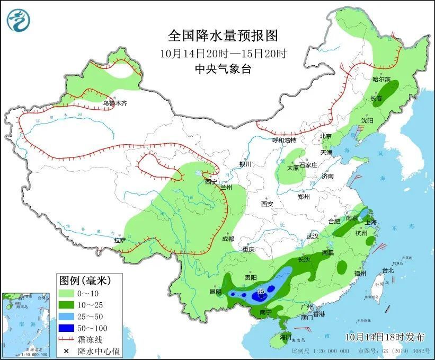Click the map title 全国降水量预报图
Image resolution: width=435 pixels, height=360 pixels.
pos(223,36)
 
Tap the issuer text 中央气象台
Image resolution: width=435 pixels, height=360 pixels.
pos(223,68)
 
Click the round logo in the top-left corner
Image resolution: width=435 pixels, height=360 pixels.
pos(19,20)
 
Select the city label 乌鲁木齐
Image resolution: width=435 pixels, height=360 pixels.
pos(115,103)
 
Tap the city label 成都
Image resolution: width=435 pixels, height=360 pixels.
pos(228,239)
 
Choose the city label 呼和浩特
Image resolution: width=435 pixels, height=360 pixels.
pos(284,140)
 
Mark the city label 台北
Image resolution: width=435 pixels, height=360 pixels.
pos(387,270)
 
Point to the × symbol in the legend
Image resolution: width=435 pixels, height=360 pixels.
pos(66,351)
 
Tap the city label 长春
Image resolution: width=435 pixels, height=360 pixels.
pos(376,99)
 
